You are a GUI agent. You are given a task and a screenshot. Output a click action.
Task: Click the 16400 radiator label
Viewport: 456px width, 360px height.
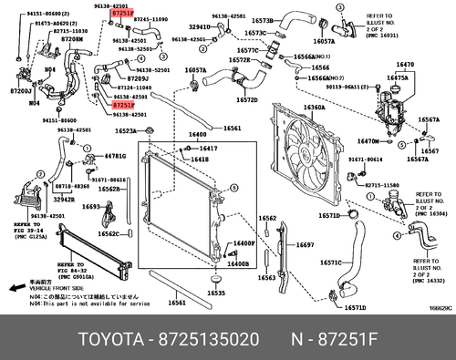click(x=197, y=135)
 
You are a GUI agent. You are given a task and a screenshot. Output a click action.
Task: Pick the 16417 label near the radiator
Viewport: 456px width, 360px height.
click(x=209, y=147)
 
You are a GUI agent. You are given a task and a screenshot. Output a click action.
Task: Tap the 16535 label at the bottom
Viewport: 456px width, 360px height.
click(x=215, y=293)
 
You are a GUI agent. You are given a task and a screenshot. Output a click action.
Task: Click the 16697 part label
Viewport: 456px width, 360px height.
click(x=305, y=245)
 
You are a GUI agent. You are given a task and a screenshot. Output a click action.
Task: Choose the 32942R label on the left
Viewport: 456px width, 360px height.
click(x=62, y=198)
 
